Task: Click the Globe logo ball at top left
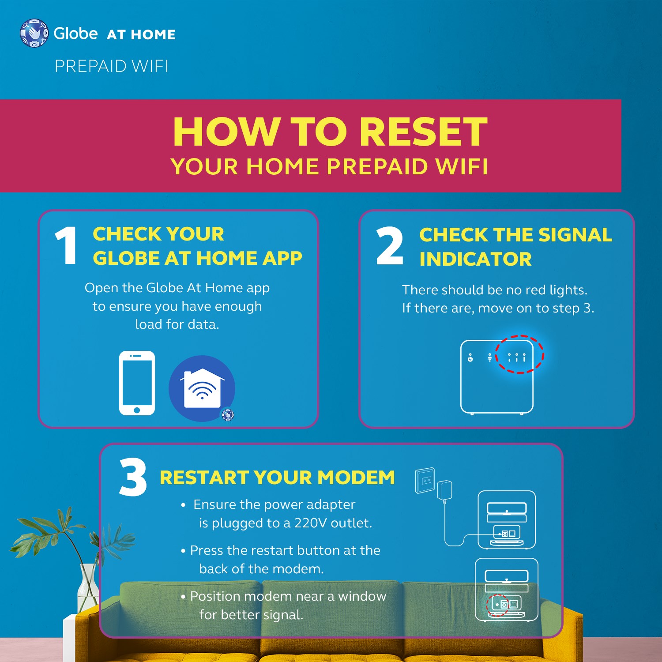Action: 34,33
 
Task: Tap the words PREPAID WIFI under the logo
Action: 111,66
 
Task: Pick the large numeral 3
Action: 133,477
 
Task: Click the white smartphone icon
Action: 137,383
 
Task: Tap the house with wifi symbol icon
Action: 202,388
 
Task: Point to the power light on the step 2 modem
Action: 470,358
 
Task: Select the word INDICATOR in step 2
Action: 475,259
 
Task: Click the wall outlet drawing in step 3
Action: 425,480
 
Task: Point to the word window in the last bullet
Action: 362,596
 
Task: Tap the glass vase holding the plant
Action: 87,587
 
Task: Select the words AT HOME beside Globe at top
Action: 141,34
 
